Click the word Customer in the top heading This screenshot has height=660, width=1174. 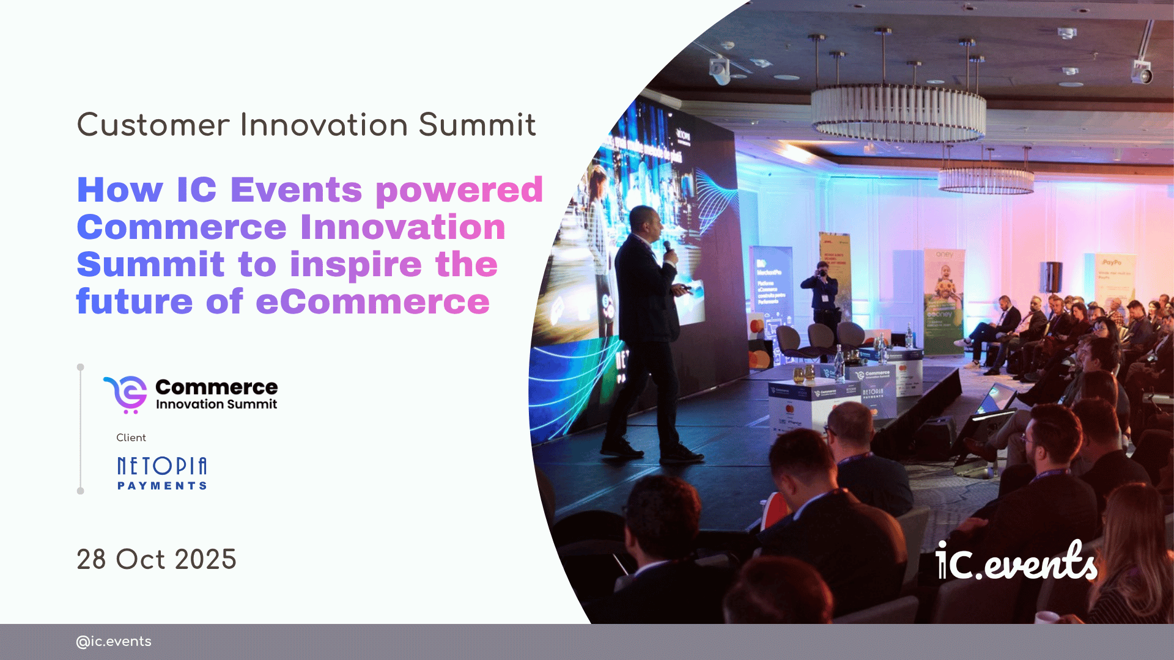(x=153, y=125)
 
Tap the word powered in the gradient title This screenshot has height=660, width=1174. (x=459, y=191)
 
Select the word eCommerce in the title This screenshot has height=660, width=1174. (x=372, y=302)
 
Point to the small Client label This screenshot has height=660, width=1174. (x=131, y=438)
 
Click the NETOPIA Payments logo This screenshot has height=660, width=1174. (x=162, y=473)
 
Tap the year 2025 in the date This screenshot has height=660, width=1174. (x=205, y=560)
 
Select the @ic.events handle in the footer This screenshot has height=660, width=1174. (x=114, y=642)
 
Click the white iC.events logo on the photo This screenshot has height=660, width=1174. (x=1016, y=561)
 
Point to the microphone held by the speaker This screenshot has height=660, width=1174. (x=668, y=247)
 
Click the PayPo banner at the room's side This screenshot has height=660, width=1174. (x=1112, y=275)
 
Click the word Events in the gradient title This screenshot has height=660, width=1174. (x=296, y=190)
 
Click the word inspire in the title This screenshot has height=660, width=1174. (x=356, y=265)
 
